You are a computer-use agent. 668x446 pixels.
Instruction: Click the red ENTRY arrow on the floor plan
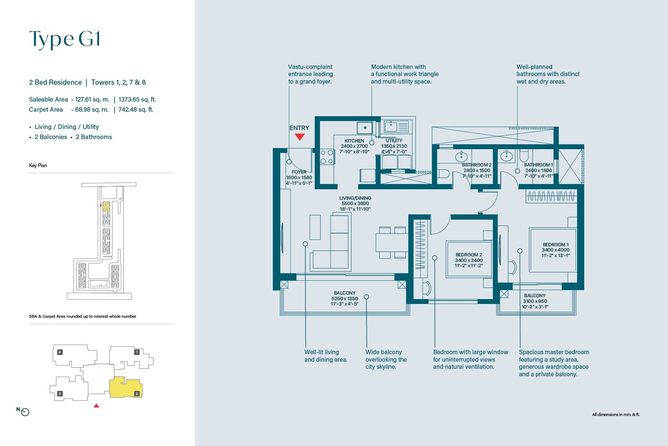299,137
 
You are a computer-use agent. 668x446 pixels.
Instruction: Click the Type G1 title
65,39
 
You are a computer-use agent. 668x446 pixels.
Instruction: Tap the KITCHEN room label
354,141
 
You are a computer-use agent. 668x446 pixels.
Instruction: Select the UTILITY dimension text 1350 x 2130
394,146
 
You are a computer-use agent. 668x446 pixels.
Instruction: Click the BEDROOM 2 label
469,255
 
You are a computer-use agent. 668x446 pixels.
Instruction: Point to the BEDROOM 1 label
555,245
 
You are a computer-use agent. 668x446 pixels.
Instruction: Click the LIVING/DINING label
355,198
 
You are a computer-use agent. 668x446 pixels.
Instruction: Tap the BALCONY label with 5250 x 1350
345,293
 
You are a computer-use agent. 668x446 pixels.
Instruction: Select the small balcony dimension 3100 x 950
535,301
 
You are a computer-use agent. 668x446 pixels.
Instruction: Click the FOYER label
299,172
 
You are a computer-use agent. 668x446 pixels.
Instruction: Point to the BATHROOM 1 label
538,165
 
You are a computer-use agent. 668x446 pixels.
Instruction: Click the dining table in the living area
392,242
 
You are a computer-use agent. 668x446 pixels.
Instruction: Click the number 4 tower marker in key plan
60,352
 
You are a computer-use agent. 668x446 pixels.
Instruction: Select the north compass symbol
25,412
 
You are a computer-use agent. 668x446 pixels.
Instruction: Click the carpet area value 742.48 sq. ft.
136,110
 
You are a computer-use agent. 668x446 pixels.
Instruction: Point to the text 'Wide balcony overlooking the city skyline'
386,359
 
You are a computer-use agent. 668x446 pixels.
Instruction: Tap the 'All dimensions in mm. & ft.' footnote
616,415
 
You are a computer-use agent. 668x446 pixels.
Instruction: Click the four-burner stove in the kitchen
327,157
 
